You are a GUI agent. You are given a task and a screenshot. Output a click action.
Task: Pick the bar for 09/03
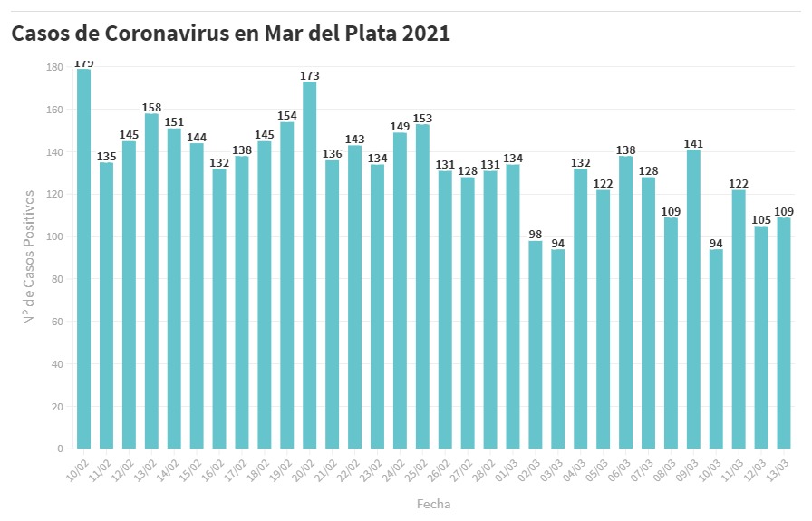693,299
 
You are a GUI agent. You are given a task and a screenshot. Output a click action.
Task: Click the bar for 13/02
152,281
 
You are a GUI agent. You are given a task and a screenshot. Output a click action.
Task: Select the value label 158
152,108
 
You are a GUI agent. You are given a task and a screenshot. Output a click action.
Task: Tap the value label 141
693,143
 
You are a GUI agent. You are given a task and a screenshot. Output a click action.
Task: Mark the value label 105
761,220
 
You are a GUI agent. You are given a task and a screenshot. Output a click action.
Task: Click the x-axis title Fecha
433,504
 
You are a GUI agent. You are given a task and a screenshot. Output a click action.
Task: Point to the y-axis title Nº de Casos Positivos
29,256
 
